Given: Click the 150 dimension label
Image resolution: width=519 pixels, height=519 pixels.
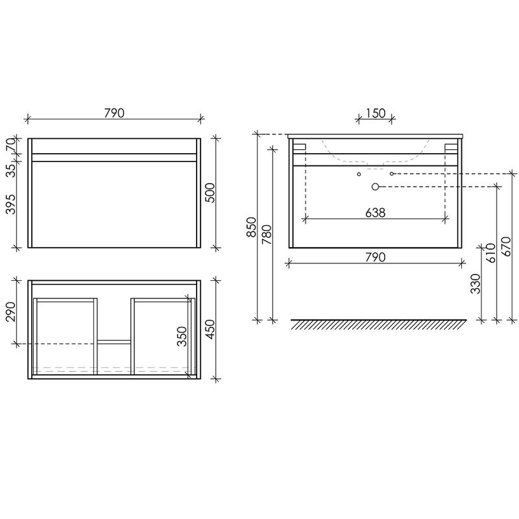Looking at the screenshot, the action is [x=376, y=113].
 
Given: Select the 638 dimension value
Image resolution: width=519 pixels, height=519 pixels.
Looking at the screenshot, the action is [x=376, y=213].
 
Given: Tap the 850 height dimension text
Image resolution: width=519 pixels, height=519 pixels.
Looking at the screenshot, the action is [x=252, y=227].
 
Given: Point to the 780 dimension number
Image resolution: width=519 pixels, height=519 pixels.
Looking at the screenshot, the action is [x=267, y=235].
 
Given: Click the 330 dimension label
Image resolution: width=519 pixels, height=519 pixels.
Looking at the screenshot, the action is [x=476, y=284].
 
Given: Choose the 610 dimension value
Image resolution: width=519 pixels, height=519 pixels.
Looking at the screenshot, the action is [x=491, y=253].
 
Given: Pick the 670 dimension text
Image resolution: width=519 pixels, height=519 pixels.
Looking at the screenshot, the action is [x=507, y=247].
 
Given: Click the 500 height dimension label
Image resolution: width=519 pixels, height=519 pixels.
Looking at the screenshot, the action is [x=210, y=193].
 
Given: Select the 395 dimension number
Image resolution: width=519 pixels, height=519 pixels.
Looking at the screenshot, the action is [x=10, y=204].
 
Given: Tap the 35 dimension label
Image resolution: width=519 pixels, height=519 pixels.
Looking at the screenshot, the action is [x=10, y=171].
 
